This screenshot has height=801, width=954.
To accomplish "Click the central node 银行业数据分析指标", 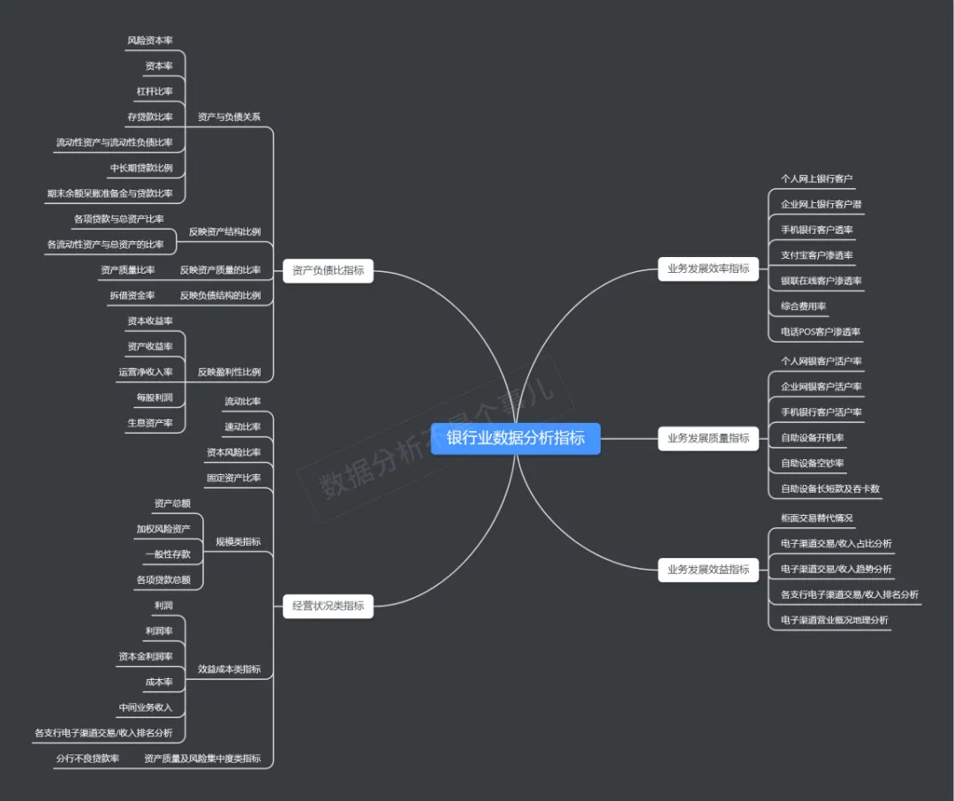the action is [x=516, y=438].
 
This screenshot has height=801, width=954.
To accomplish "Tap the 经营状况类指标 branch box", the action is [x=328, y=606].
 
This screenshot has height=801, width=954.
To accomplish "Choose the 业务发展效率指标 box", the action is [x=708, y=268].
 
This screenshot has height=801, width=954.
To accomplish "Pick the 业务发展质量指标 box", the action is [x=708, y=437].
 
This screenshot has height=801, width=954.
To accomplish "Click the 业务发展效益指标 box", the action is [x=708, y=570].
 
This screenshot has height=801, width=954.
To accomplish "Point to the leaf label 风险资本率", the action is [x=150, y=41].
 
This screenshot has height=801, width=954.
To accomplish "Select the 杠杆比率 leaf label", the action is [x=155, y=91].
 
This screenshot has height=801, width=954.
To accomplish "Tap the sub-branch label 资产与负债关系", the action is [x=229, y=117].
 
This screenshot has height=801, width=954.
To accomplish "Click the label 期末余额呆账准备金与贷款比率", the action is [x=110, y=193].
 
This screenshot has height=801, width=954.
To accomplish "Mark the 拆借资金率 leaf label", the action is [x=132, y=295].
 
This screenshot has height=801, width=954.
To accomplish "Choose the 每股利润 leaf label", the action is [x=155, y=397].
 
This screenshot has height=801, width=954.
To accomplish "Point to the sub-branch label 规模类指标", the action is [x=238, y=541].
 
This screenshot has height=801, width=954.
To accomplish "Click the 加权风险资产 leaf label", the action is [x=163, y=529].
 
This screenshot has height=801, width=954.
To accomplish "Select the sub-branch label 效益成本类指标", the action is [x=229, y=669].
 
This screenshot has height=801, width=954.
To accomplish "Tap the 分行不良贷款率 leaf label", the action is [x=87, y=758].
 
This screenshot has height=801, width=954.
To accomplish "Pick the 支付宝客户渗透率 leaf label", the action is [x=817, y=255].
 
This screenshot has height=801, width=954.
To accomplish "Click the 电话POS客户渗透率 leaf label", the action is [x=821, y=332].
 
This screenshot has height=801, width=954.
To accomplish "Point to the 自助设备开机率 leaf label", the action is [x=813, y=437].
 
